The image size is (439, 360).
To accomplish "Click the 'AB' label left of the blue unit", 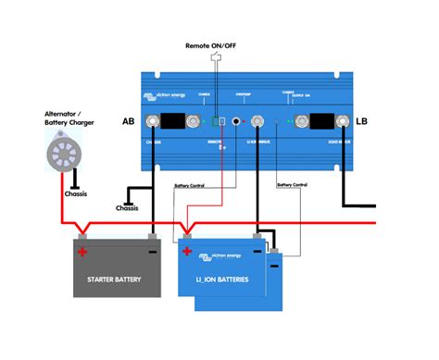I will tap(129, 121).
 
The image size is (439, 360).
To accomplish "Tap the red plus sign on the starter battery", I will tap(82, 252).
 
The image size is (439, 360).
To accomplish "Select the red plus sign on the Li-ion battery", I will tap(187, 252).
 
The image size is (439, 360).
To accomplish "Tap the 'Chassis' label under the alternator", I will tap(76, 195).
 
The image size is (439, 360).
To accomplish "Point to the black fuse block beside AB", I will tap(171, 121).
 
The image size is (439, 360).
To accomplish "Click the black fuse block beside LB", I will tap(321, 121).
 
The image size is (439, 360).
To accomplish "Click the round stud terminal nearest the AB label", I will tap(149, 121).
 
